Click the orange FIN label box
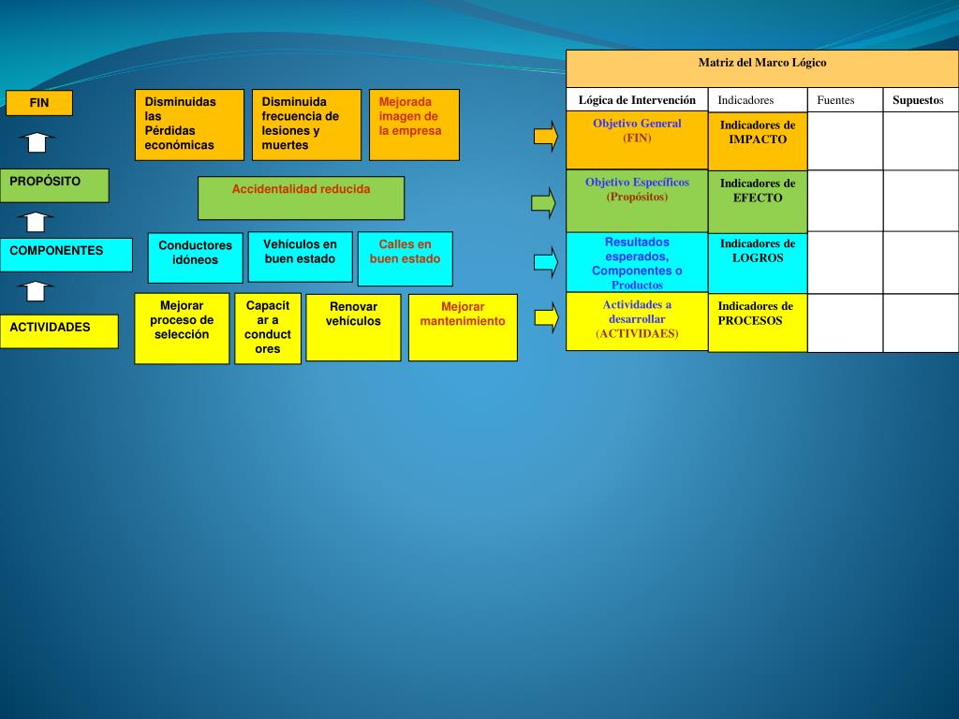coord(39,103)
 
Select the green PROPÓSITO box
coord(54,185)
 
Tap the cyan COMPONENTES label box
coord(66,255)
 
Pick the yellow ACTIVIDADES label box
coord(59,331)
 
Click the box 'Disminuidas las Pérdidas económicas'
coord(189,125)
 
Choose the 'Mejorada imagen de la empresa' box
coord(414,125)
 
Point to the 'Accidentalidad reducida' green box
coord(301,198)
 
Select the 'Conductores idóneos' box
coord(195,257)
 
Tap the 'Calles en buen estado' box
coord(405,258)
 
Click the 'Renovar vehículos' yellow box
coord(353,327)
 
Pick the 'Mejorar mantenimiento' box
coord(463,327)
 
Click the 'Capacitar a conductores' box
coord(268,329)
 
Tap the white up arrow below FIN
coord(36,142)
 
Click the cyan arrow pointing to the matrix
coord(544,261)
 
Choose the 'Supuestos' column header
coord(921,100)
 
